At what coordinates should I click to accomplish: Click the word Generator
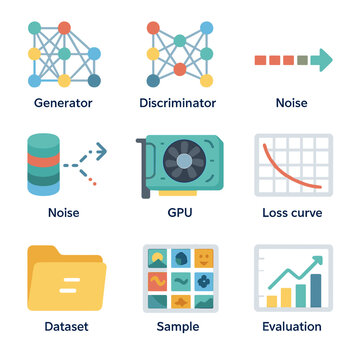pyautogui.click(x=64, y=103)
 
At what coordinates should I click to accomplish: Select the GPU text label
pyautogui.click(x=180, y=213)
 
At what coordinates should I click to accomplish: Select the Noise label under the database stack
pyautogui.click(x=64, y=213)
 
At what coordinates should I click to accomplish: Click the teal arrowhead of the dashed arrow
pyautogui.click(x=323, y=61)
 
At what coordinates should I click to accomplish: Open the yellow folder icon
pyautogui.click(x=64, y=277)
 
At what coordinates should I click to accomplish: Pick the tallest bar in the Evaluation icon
pyautogui.click(x=316, y=289)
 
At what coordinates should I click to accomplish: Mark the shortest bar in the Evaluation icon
pyautogui.click(x=270, y=300)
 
